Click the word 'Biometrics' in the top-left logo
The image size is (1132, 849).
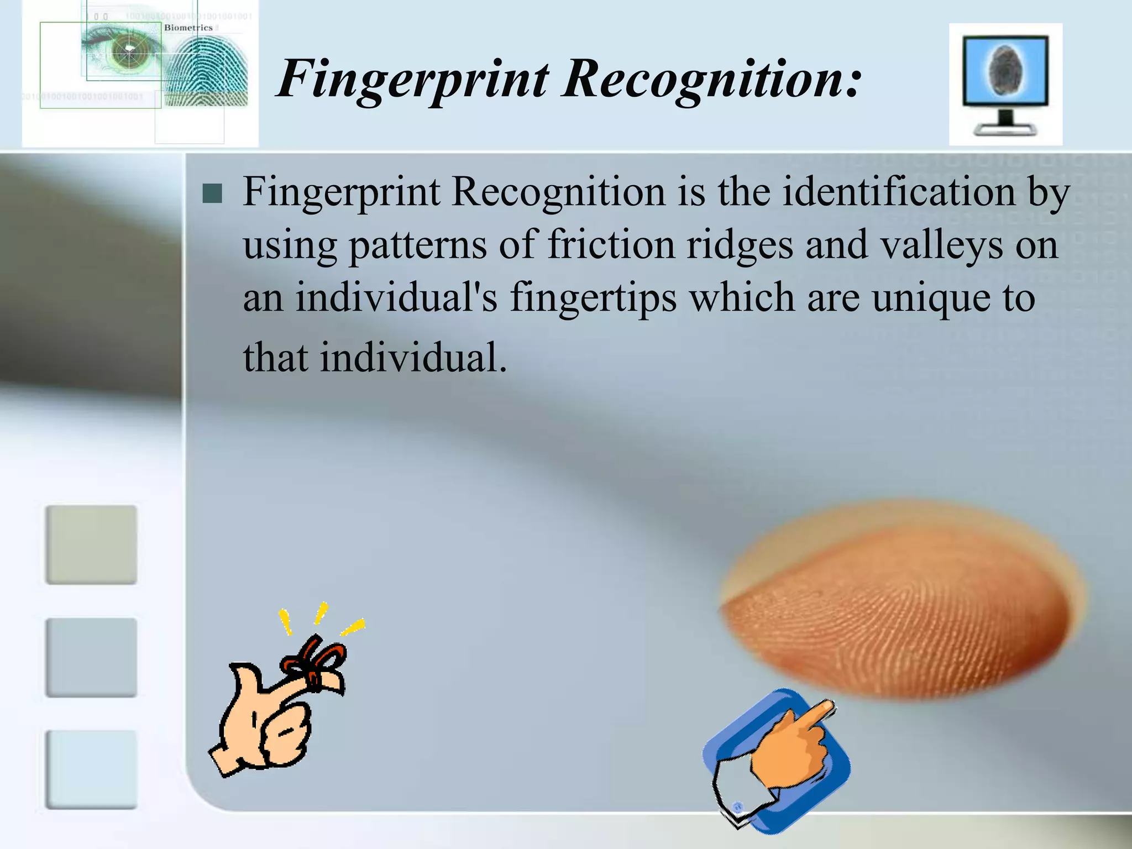188,28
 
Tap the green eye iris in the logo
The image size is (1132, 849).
128,51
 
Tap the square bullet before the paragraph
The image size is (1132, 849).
212,194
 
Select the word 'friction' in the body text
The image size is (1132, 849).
611,245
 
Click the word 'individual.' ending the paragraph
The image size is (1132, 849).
413,358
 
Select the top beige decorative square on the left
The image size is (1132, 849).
91,544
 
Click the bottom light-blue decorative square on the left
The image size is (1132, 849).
91,769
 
